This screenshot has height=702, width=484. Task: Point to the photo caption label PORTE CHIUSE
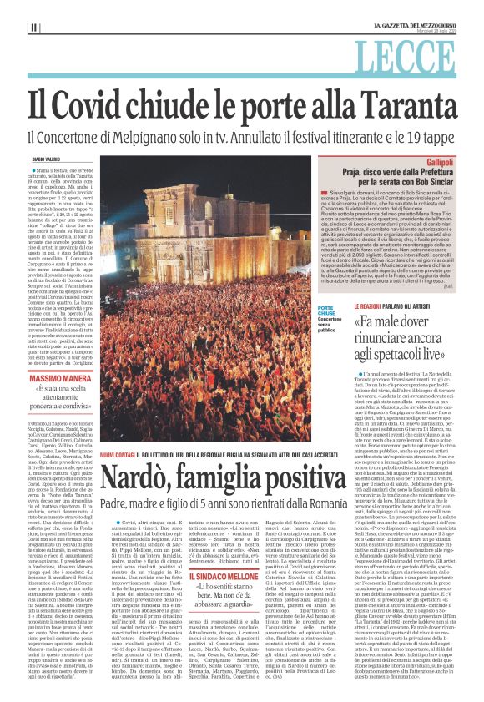tap(327, 311)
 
